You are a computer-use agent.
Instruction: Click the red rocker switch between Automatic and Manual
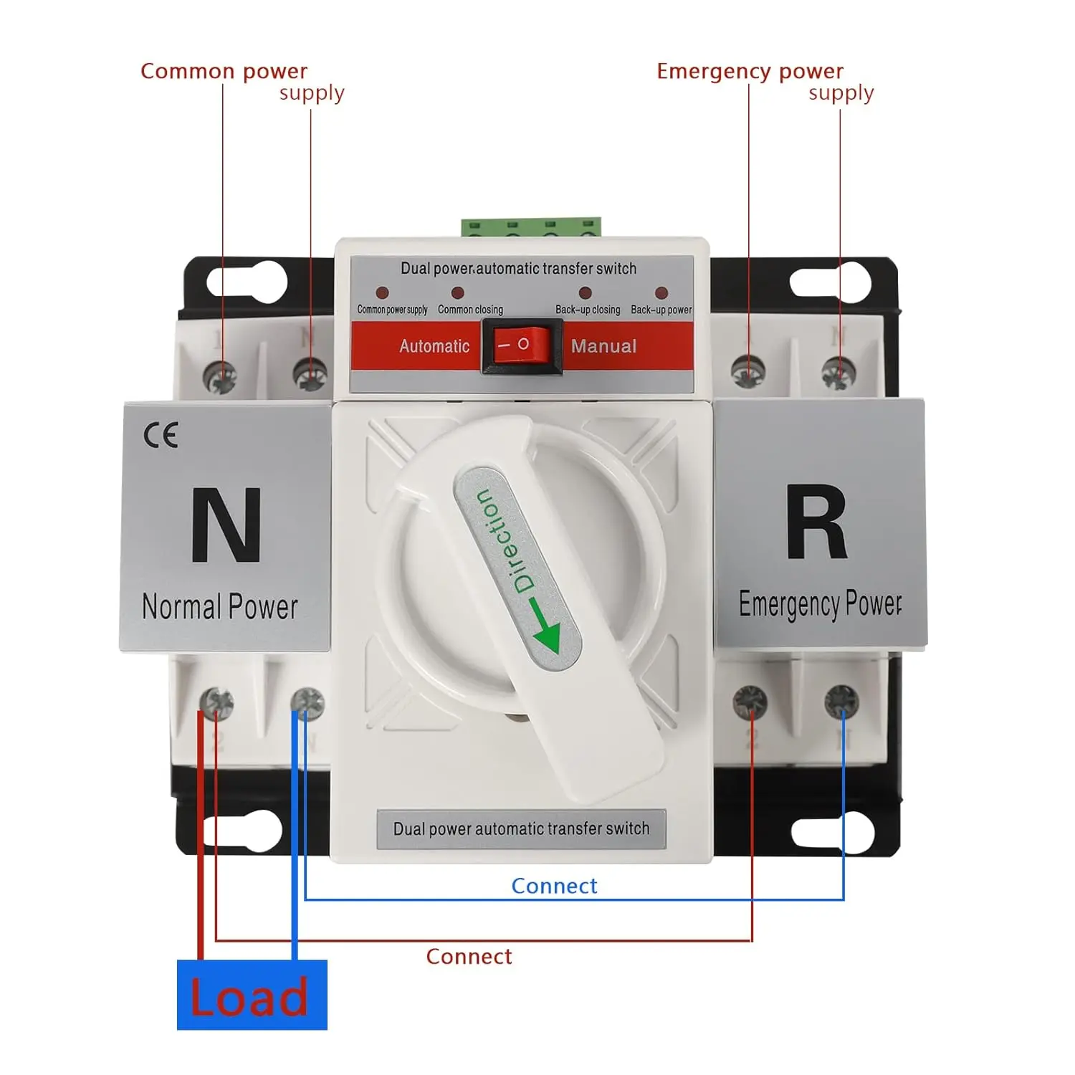[522, 345]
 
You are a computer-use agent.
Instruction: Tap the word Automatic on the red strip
[434, 346]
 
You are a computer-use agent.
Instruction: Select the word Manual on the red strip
[603, 346]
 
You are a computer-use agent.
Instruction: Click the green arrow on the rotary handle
[546, 627]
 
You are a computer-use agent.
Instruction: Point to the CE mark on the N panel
[161, 435]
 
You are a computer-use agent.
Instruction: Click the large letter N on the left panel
[225, 525]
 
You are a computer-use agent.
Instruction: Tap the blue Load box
[252, 995]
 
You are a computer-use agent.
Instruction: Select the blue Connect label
[554, 886]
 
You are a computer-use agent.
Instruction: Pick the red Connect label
[469, 957]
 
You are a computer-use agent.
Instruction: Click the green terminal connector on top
[531, 227]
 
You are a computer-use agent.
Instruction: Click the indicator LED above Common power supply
[382, 292]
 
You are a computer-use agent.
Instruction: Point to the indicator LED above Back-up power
[661, 292]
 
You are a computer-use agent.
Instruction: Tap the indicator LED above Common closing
[457, 292]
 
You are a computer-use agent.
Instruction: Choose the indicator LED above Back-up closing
[586, 292]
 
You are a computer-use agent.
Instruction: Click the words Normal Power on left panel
[220, 606]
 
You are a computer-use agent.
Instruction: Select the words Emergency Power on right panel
[820, 603]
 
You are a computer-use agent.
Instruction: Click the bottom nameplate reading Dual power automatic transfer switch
[521, 829]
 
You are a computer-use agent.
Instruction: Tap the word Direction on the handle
[505, 540]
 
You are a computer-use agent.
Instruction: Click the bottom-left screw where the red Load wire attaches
[216, 703]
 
